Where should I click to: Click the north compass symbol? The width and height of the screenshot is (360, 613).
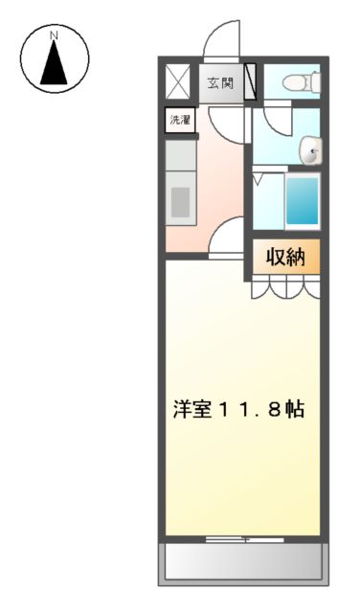click(x=55, y=58)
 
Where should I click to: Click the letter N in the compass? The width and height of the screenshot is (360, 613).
click(x=55, y=35)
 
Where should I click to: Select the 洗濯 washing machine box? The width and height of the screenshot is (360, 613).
click(x=179, y=121)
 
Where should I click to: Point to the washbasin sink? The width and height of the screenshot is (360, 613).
click(x=310, y=149)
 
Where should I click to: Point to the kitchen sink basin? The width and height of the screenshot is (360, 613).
click(x=181, y=202)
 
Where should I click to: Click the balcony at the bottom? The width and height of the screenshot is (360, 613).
click(x=242, y=561)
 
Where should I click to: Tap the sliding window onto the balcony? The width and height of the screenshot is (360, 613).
click(x=244, y=540)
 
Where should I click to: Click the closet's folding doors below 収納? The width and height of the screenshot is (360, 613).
click(x=283, y=287)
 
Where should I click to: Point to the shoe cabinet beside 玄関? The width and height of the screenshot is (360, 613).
click(x=251, y=82)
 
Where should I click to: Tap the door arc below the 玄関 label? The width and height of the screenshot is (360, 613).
click(x=227, y=119)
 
